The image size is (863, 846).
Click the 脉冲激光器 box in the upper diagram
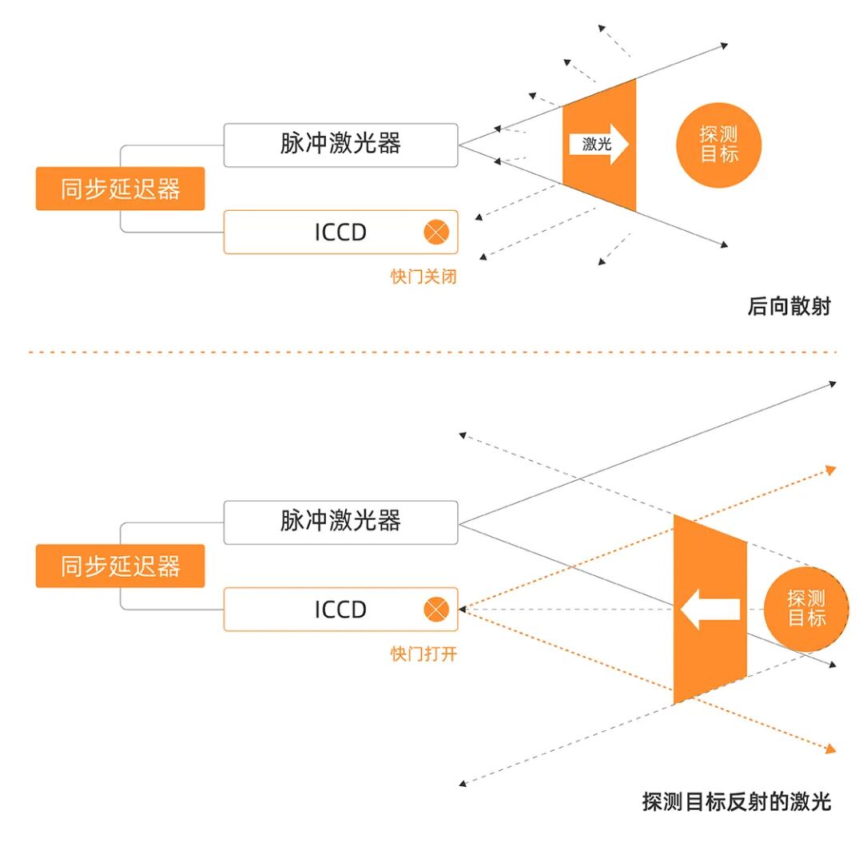(x=340, y=145)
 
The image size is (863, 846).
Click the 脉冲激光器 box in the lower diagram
(x=340, y=522)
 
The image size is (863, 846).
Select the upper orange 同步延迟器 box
(x=120, y=189)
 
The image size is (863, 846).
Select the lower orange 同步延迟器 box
(x=120, y=566)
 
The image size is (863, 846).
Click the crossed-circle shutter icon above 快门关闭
(x=436, y=232)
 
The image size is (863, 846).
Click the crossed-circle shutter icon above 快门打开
(x=436, y=610)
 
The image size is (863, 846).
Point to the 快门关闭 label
(x=424, y=276)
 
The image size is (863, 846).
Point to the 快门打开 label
(x=424, y=654)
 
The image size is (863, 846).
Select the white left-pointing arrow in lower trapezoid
(x=709, y=610)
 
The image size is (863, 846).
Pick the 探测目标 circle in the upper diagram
(x=718, y=145)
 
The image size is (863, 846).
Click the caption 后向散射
(x=789, y=306)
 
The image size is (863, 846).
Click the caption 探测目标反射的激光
(x=736, y=801)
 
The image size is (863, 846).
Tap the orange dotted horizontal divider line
(x=431, y=352)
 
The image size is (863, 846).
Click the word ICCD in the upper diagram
(x=340, y=232)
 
